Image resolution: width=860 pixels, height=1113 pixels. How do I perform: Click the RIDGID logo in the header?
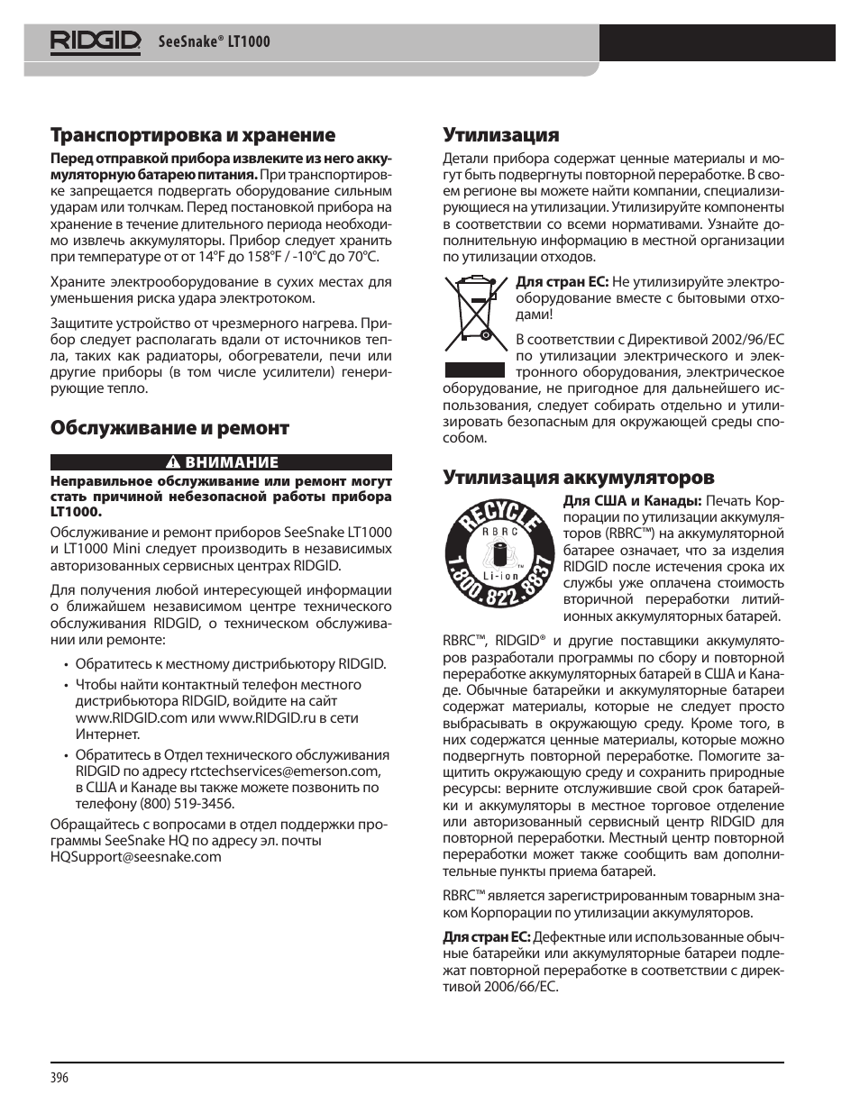coord(96,41)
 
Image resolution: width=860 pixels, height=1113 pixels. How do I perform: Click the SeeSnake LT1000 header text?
coord(214,42)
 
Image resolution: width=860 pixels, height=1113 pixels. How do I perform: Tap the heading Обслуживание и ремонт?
coord(169,427)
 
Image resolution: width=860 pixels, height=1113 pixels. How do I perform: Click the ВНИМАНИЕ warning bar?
coord(221,462)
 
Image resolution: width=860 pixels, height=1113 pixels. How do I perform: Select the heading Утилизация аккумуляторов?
coord(578,477)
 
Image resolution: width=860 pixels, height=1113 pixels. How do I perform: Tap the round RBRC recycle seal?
coord(497,553)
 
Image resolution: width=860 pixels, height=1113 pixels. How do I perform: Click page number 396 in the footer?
coord(59,1079)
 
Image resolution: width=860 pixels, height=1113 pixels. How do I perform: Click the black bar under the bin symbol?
coord(474,369)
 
